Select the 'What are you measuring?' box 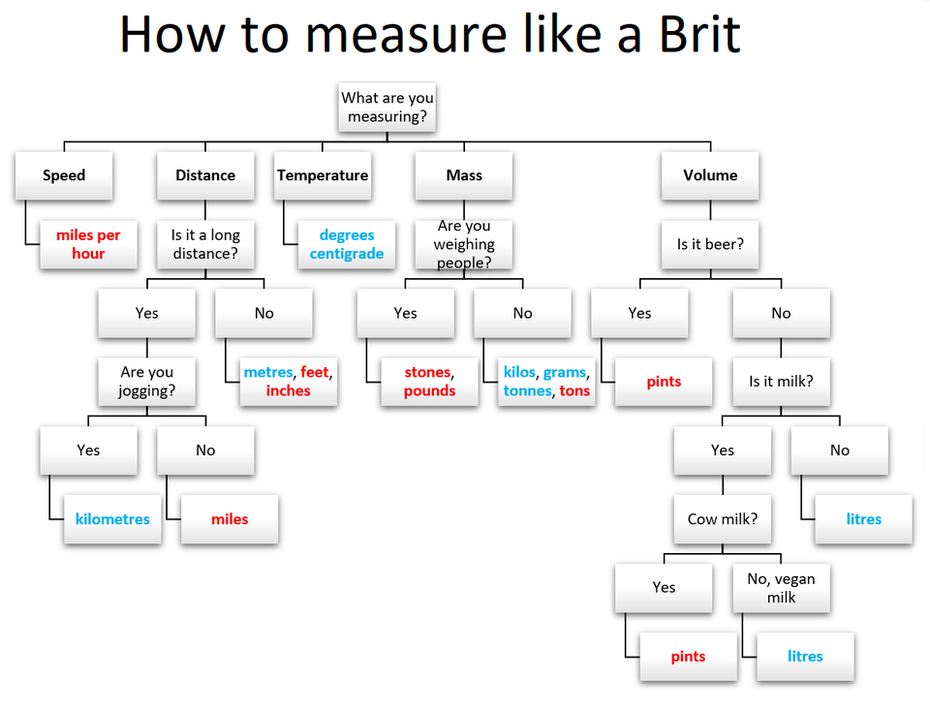point(387,108)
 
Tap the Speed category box point(64,175)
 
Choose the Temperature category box point(323,175)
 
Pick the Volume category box point(710,175)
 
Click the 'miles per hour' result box point(88,244)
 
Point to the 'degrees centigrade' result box point(346,244)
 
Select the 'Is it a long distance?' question point(205,244)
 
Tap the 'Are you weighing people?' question point(464,244)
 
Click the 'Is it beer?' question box point(710,244)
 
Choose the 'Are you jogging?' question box point(146,382)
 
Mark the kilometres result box point(112,519)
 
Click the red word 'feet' point(315,372)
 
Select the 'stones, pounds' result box point(429,382)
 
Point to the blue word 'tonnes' point(527,391)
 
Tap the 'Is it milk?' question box point(781,382)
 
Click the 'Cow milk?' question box point(723,519)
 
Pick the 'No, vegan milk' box point(781,587)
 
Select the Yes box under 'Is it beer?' point(639,313)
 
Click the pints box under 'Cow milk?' point(688,656)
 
